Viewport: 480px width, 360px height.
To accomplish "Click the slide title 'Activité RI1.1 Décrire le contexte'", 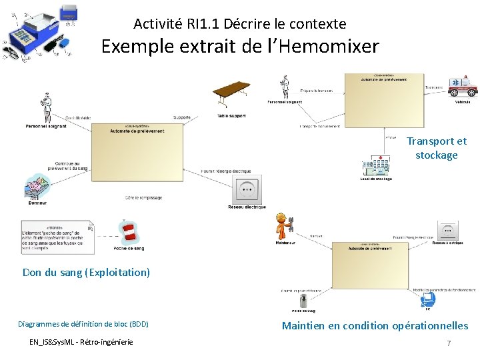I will pos(239,24).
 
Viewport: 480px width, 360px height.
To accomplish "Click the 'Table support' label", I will pos(231,116).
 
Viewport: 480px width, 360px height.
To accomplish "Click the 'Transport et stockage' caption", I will pos(437,148).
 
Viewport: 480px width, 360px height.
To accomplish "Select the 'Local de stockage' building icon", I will pos(375,166).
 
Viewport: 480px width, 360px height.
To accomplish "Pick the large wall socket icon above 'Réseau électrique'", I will pos(247,189).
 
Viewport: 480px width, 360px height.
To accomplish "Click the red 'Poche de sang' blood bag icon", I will pos(129,232).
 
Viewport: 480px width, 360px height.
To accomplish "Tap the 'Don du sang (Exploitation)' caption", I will pos(86,272).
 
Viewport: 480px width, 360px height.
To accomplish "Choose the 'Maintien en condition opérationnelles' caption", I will pos(375,326).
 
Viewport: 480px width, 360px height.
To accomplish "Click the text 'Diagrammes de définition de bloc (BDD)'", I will pos(83,324).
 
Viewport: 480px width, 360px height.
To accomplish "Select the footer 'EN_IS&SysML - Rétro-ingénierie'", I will pos(81,342).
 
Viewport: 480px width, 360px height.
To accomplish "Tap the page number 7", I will pos(449,343).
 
